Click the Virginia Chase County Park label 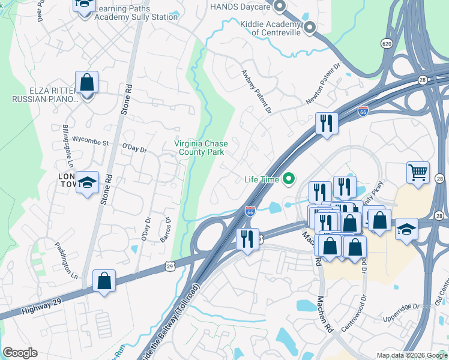199,148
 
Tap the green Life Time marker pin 289,178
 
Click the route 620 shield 387,43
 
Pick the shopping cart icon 418,173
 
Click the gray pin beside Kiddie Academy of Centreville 310,27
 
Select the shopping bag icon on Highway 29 104,280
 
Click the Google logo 20,353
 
